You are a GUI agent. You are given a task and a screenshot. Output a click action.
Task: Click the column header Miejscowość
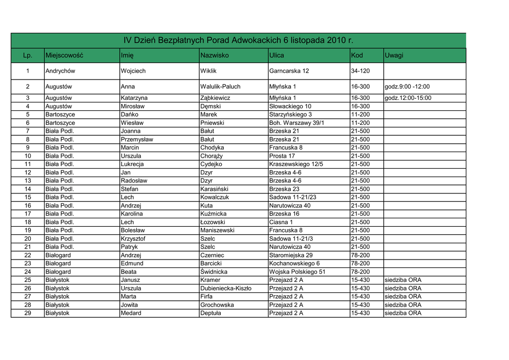click(64, 55)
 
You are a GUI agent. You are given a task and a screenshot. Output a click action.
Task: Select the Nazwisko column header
click(214, 55)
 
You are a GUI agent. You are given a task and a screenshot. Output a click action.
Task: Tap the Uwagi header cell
click(394, 55)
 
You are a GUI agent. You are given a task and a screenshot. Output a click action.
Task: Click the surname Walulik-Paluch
click(220, 87)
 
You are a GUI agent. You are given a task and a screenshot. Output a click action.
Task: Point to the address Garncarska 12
click(289, 71)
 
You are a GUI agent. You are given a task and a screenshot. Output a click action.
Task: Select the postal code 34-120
click(360, 71)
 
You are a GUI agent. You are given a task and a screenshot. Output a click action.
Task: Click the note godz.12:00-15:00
click(408, 98)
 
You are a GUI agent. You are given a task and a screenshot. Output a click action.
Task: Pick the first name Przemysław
click(137, 139)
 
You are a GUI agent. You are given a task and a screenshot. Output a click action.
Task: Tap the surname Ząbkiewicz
click(215, 98)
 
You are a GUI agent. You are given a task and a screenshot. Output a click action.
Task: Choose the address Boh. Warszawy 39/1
click(296, 123)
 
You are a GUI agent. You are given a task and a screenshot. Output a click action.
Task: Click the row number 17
click(28, 214)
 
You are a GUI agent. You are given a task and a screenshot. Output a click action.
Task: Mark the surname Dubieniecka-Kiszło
click(226, 288)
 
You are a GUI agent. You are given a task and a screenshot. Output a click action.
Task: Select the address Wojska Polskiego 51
click(297, 272)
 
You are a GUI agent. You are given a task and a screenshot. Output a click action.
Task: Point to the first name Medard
click(131, 313)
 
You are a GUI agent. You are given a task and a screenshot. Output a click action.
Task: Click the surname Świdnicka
click(214, 272)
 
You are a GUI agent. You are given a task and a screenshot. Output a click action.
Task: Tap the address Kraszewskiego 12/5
click(296, 164)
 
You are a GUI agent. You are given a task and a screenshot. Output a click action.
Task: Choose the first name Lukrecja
click(132, 164)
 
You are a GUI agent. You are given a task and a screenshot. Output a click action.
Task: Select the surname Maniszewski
click(217, 230)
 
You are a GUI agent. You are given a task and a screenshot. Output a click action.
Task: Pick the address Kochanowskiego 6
click(294, 264)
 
